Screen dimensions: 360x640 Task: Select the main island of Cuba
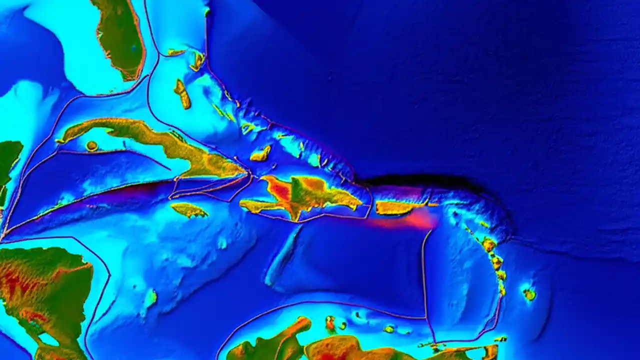tap(165, 142)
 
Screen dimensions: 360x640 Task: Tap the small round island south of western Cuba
tap(91, 146)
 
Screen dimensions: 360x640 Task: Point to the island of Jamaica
tap(189, 210)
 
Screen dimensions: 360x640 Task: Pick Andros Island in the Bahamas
tap(182, 94)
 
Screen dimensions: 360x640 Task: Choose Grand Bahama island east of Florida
tap(176, 52)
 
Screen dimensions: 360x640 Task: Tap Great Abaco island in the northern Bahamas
tap(197, 61)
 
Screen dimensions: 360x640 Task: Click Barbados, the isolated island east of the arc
tap(529, 294)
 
